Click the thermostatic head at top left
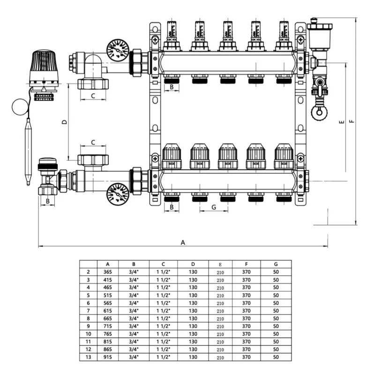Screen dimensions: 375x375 [x=44, y=67]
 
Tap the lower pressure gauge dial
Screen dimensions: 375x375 [x=117, y=193]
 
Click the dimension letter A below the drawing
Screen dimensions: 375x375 [x=183, y=242]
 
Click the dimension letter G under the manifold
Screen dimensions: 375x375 [x=214, y=207]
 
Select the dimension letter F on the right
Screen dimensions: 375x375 [x=352, y=121]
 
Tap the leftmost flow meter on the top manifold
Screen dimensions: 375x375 [x=172, y=35]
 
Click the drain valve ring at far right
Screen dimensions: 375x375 [x=320, y=112]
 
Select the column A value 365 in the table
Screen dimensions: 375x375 [x=107, y=271]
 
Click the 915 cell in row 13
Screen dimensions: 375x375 [x=107, y=357]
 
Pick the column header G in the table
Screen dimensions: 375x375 [x=276, y=264]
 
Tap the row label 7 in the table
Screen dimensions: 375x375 [x=88, y=310]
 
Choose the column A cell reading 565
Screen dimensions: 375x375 [x=107, y=302]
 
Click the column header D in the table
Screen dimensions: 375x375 [x=193, y=264]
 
